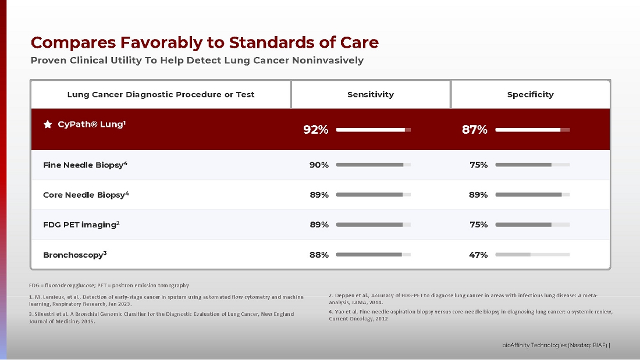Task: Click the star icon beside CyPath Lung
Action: tap(48, 124)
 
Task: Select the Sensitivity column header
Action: tap(371, 94)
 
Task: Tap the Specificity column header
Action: tap(530, 94)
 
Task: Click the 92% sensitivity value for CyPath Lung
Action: tap(316, 130)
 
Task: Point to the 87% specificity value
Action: tap(475, 130)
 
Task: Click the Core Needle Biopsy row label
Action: tap(86, 195)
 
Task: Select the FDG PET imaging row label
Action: tap(81, 224)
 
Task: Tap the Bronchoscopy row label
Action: tap(74, 255)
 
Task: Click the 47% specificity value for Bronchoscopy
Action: tap(478, 255)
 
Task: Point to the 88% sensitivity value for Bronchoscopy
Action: tap(319, 255)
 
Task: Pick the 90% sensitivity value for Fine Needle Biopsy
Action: tap(319, 165)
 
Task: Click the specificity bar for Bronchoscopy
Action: tap(532, 255)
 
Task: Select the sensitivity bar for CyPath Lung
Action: tap(374, 130)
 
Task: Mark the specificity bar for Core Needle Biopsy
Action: tap(532, 195)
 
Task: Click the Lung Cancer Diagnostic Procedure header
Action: tap(161, 94)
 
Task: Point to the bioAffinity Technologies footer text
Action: tap(556, 345)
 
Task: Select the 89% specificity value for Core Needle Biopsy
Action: tap(478, 195)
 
